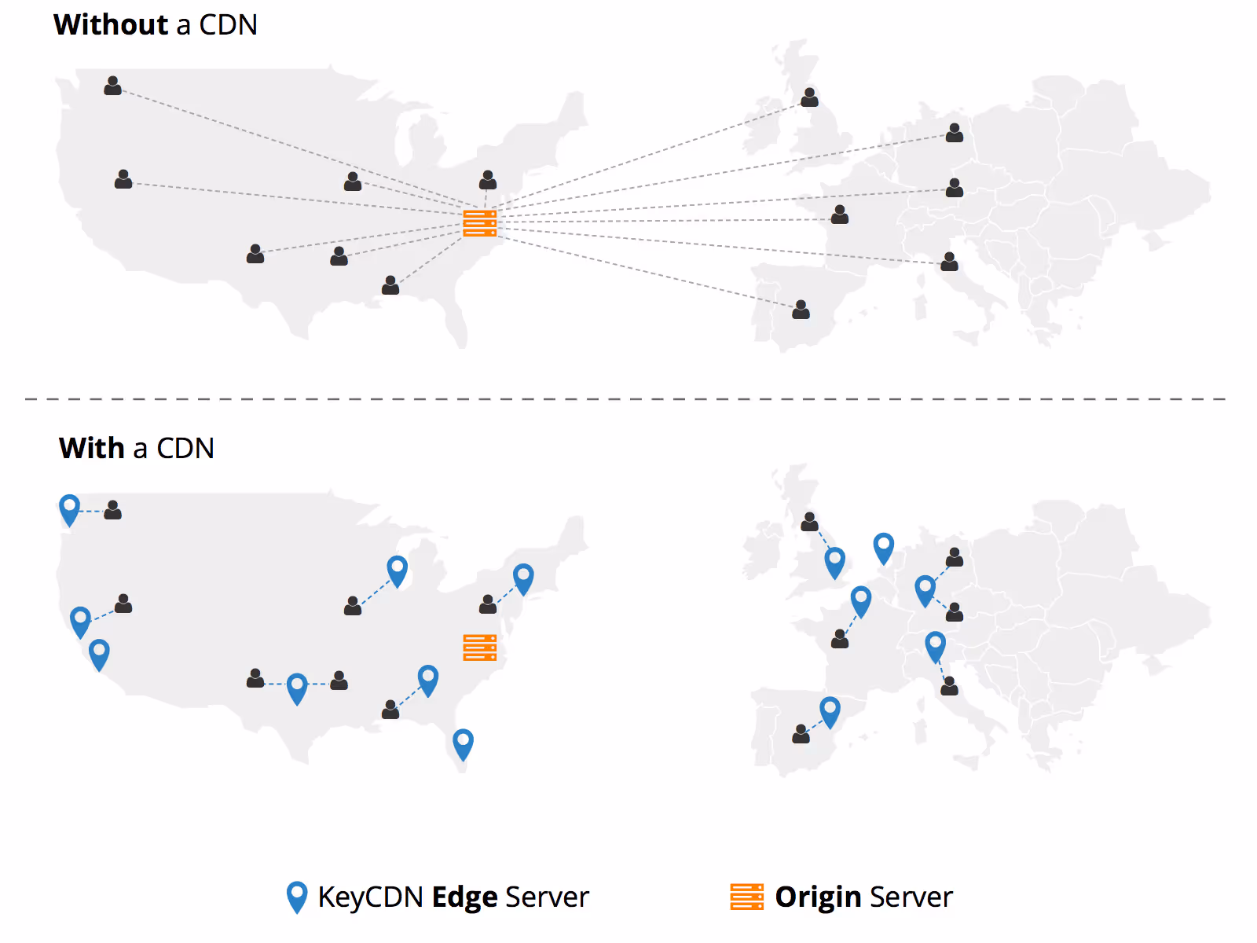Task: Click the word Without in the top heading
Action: pos(111,25)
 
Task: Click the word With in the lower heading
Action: pos(92,449)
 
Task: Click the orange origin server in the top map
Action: pos(479,223)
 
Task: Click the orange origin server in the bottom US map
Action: pos(479,648)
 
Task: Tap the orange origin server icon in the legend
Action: pos(746,897)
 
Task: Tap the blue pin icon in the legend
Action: pos(297,897)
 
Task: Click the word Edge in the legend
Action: pos(464,897)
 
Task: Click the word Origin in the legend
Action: pos(818,897)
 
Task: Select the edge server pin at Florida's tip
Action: pos(463,743)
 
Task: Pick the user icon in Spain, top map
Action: pos(801,310)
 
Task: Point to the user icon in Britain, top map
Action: pos(809,97)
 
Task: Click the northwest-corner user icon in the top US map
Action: pos(112,86)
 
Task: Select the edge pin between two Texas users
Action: pos(297,688)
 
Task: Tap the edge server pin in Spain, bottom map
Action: pos(830,711)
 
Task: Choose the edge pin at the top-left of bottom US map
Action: pos(69,508)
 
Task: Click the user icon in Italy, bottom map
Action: pos(949,686)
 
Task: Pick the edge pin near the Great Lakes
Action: pos(398,570)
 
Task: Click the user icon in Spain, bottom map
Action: pos(801,734)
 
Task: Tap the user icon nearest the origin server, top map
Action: pos(487,180)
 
